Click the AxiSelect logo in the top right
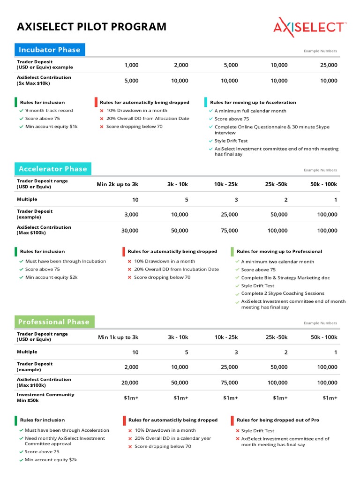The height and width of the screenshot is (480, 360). point(309,27)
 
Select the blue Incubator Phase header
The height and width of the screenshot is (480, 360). point(50,50)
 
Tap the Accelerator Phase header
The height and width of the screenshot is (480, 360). point(53,169)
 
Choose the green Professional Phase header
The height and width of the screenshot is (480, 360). point(54,322)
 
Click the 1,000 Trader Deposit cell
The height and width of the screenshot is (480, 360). point(131,65)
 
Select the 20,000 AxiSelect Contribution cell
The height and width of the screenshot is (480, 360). point(130,382)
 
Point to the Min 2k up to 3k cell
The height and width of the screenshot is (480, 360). point(118,184)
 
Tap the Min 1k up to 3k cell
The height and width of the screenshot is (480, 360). point(118,337)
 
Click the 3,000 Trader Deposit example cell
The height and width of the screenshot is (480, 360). point(131,215)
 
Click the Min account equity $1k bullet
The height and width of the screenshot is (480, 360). point(51,127)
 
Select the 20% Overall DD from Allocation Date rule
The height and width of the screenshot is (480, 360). point(147,119)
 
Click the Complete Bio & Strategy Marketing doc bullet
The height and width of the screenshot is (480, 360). point(285,277)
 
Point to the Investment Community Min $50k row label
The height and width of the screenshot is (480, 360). point(45,397)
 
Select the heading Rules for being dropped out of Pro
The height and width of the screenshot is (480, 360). point(277,420)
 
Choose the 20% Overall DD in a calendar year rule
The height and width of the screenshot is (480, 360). point(172,438)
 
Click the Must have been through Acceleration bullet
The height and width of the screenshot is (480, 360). point(67,430)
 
